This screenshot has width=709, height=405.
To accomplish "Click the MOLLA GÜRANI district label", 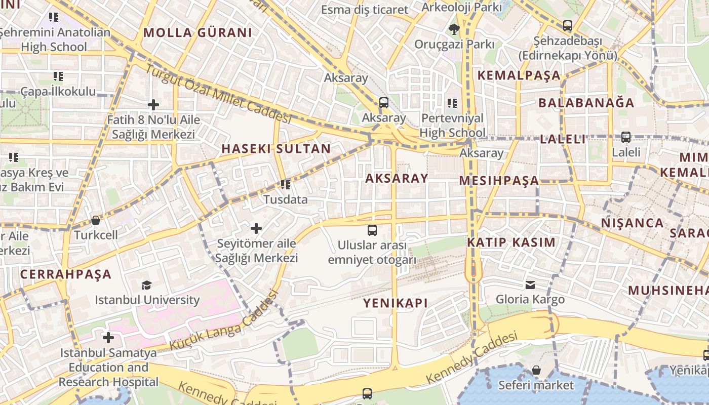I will [198, 33].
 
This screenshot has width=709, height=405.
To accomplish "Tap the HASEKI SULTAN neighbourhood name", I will [276, 149].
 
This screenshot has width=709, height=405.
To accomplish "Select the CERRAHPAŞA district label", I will [66, 274].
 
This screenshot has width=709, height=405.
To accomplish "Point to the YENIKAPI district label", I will [396, 303].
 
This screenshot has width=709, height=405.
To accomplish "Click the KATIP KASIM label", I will [511, 242].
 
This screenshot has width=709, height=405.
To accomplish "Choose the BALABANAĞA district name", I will [586, 103].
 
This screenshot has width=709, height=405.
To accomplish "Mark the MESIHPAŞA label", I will [499, 181].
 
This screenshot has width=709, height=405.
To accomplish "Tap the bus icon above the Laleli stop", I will [626, 137].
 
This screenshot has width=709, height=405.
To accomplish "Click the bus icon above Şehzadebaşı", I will [568, 25].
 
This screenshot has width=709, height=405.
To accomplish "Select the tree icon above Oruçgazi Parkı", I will [454, 29].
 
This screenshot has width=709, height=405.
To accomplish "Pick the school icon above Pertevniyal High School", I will [452, 103].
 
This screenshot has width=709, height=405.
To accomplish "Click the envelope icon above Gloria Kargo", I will [530, 285].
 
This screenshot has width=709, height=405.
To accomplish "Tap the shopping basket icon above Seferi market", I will [536, 370].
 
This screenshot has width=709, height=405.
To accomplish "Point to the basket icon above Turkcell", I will [96, 220].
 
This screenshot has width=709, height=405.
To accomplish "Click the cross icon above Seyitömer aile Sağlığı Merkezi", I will [256, 228].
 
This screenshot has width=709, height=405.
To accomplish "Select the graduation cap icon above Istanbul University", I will [146, 285].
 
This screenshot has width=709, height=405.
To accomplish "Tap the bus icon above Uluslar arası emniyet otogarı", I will [372, 230].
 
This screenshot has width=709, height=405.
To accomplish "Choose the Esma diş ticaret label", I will [365, 10].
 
